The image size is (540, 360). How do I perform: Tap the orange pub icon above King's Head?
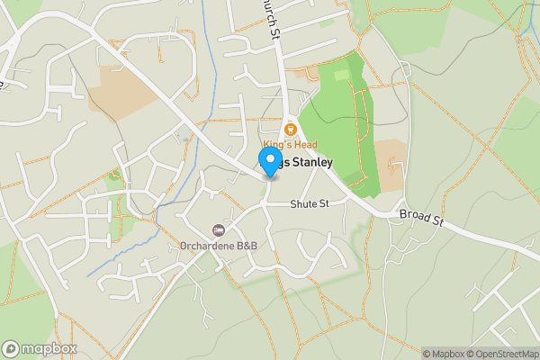[x=290, y=129]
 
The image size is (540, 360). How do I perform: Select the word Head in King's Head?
[x=304, y=145]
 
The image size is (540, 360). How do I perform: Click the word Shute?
[x=302, y=205]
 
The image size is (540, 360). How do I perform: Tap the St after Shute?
[x=324, y=205]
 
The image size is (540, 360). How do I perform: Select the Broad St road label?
[x=420, y=217]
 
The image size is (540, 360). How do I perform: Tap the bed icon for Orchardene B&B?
[x=218, y=231]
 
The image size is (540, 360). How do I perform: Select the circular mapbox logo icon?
[x=11, y=348]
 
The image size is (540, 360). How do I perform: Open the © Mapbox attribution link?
[x=446, y=354]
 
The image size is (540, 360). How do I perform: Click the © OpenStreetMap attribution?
[x=506, y=354]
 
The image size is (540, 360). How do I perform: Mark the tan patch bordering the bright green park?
[x=390, y=165]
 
